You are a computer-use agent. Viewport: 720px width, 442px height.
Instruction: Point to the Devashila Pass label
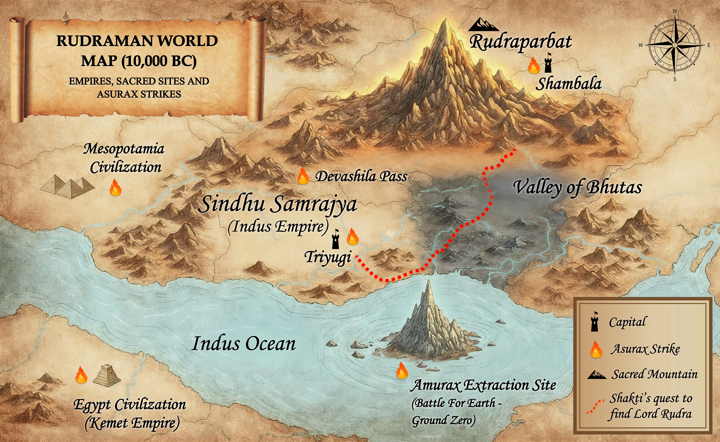[361, 177]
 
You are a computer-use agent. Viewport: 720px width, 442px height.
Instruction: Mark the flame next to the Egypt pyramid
[81, 375]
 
